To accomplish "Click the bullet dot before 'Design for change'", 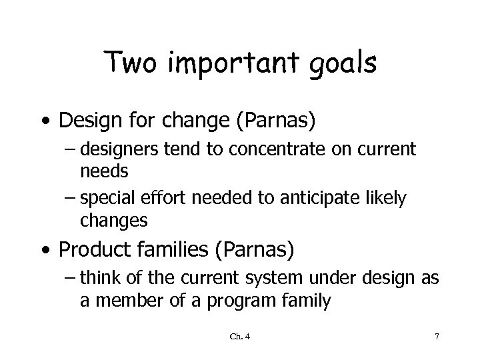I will pos(44,121).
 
